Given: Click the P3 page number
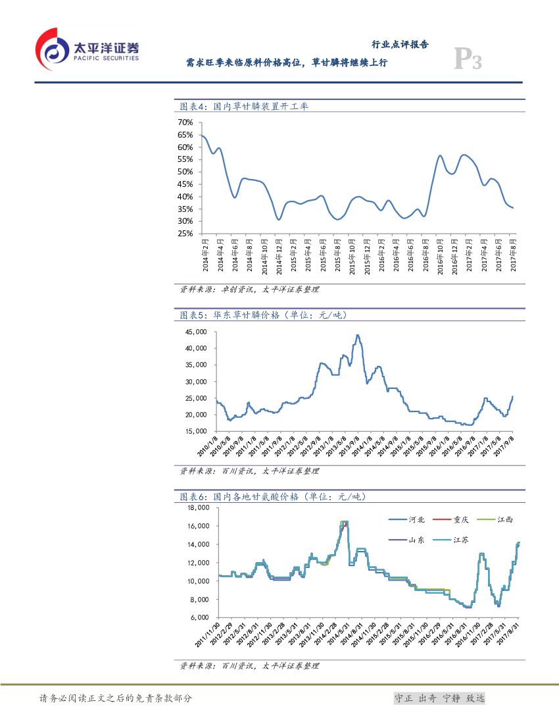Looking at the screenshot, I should point(468,61).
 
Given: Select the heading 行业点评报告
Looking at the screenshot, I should point(400,45).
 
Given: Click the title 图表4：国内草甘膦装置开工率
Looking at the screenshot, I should point(244,107).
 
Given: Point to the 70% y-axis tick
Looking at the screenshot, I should point(185,122).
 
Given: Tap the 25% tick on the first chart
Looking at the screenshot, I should point(185,234).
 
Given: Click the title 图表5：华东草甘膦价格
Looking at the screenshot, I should point(263,315).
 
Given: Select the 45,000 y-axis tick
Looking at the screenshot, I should point(197,332).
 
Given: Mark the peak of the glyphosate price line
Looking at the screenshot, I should point(357,335).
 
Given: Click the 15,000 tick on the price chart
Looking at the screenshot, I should point(197,431).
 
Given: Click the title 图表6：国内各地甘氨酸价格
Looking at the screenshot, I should point(272,496).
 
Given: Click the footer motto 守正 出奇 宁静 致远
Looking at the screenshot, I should point(439,698).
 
